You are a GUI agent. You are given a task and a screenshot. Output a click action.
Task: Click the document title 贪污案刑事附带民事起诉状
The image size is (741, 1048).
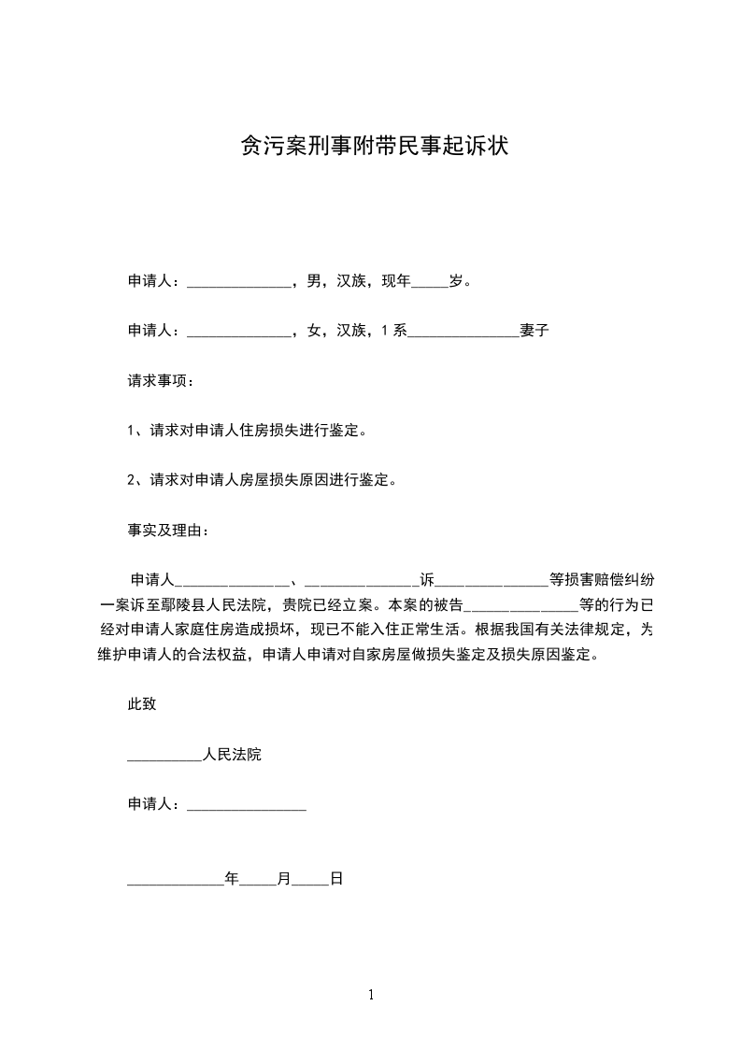[x=374, y=147]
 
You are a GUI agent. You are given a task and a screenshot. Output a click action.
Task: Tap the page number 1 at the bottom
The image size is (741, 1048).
[x=371, y=995]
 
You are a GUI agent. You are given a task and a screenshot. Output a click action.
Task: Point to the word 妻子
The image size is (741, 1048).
[x=534, y=330]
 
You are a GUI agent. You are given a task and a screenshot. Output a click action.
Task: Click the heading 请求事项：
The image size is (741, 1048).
[x=162, y=381]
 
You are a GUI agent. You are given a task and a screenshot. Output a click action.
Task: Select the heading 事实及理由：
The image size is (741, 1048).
[x=168, y=531]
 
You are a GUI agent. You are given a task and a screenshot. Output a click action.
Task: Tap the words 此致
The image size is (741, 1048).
[x=142, y=704]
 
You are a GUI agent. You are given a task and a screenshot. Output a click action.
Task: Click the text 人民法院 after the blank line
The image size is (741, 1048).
[x=232, y=754]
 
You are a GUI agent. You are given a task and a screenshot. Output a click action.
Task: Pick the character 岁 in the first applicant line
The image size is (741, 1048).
[x=457, y=280]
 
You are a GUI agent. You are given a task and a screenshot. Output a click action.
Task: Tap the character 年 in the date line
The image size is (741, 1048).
[x=233, y=878]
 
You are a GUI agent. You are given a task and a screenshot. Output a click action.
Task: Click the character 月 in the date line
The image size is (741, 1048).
[x=285, y=878]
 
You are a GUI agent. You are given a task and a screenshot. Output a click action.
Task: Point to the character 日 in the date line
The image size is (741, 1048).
[x=337, y=878]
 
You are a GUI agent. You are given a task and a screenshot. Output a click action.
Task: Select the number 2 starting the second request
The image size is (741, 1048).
[x=132, y=481]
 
